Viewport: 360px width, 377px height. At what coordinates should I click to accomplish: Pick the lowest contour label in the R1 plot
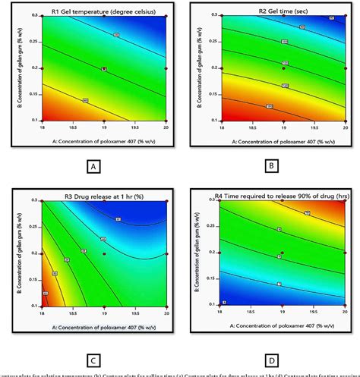point(84,99)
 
